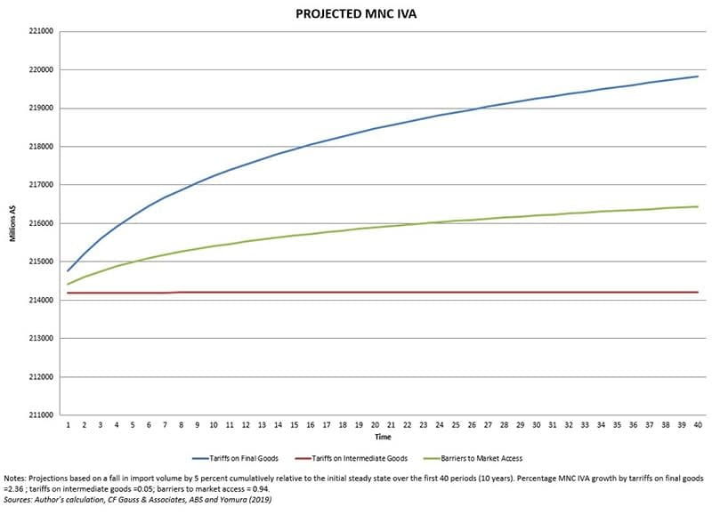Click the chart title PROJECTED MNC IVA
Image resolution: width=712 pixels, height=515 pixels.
pos(355,14)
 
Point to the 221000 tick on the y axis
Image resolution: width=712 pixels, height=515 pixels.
pos(42,31)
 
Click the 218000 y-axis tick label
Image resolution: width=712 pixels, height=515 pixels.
pos(42,147)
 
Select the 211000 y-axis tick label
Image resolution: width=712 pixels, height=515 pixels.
pos(42,415)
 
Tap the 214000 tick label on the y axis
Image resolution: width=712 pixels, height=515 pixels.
pos(42,301)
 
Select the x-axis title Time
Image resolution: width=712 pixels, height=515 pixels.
pos(382,438)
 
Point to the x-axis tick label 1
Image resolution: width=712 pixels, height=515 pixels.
pos(68,426)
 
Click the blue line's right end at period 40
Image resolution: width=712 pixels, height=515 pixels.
pos(697,76)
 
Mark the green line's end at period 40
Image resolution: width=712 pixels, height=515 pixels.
pos(697,206)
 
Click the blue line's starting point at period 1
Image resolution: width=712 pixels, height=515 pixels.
pos(68,270)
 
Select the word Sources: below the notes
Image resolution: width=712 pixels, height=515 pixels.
pos(19,501)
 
